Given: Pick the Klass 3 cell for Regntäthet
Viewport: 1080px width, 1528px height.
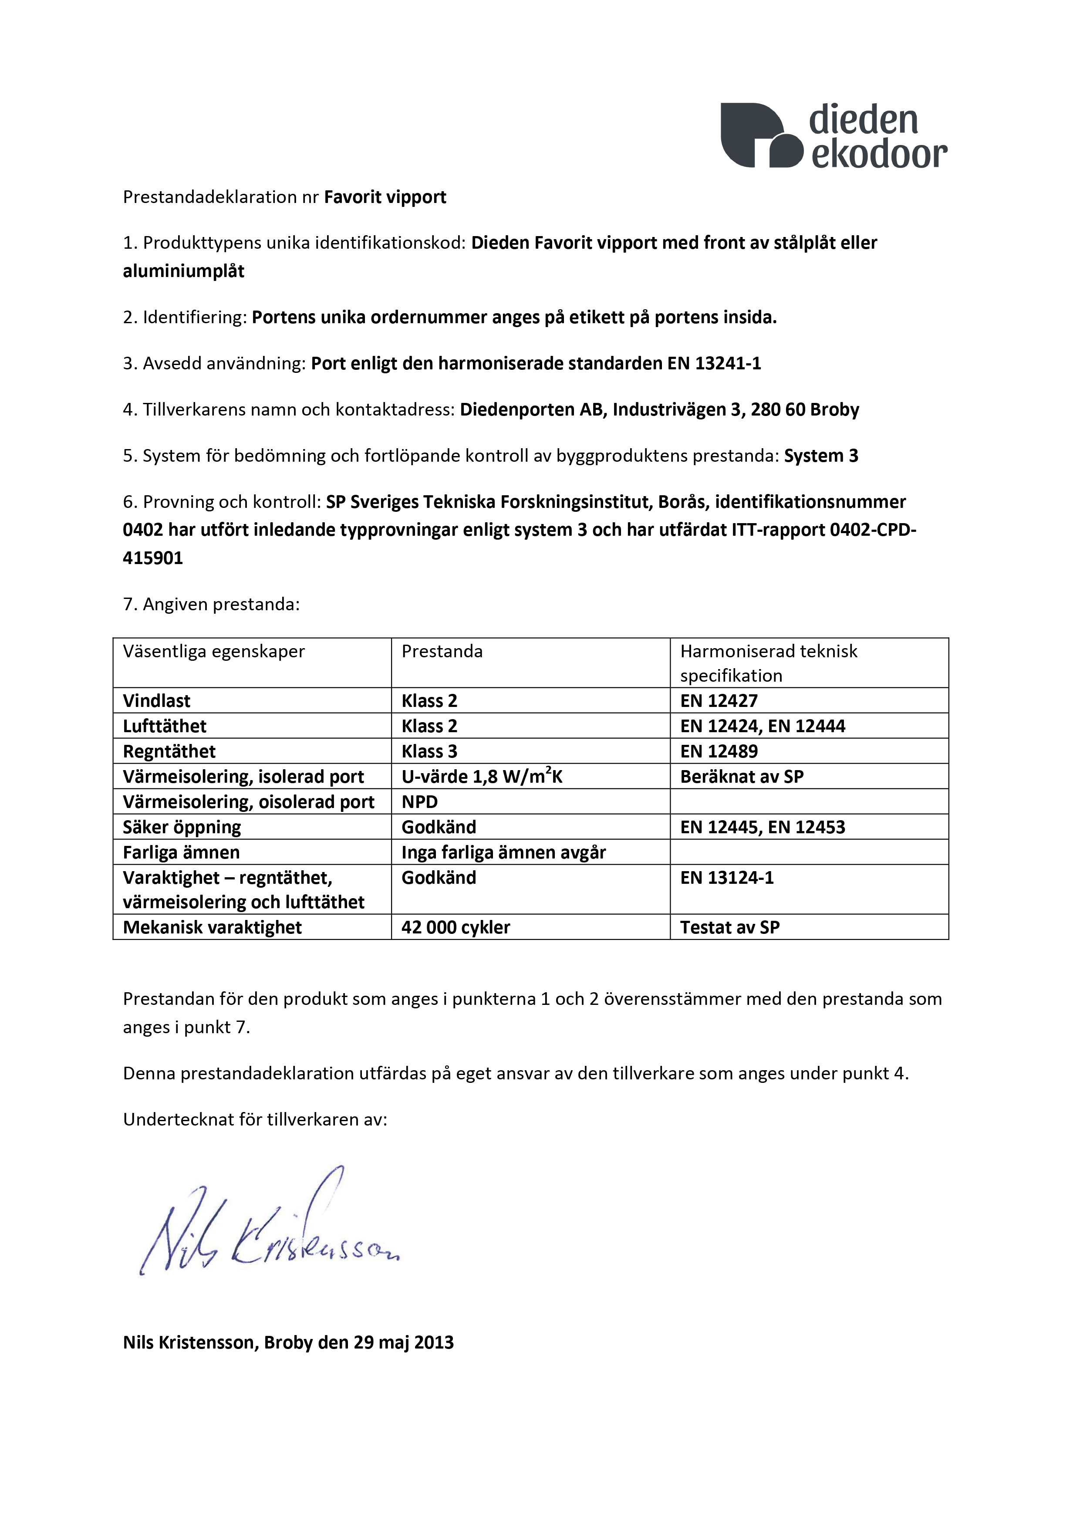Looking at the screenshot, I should (x=429, y=751).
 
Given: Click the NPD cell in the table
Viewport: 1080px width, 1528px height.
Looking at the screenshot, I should (x=419, y=802).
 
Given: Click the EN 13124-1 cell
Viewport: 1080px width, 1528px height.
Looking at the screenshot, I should (x=727, y=878).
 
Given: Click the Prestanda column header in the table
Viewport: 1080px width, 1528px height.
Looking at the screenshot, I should (x=442, y=652).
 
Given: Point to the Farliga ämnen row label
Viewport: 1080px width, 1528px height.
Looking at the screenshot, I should (x=181, y=852).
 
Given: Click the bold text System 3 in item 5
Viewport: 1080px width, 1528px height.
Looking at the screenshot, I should (x=821, y=456).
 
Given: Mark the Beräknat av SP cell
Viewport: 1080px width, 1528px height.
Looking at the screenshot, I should (x=742, y=777).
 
